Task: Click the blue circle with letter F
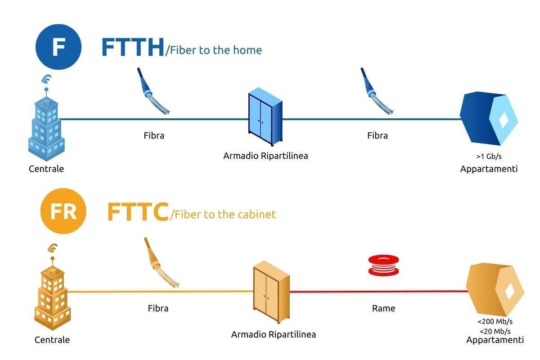coord(58,47)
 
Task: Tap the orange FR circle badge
coord(63,211)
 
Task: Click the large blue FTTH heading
coord(133,48)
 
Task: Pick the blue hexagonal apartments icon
coord(489,118)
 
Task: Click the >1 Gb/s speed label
coord(489,157)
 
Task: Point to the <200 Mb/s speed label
coord(495,322)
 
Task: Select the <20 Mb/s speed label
coord(495,331)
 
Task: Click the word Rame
coord(383,308)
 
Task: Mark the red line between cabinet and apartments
coord(378,292)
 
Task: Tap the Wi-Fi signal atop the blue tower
coord(45,80)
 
